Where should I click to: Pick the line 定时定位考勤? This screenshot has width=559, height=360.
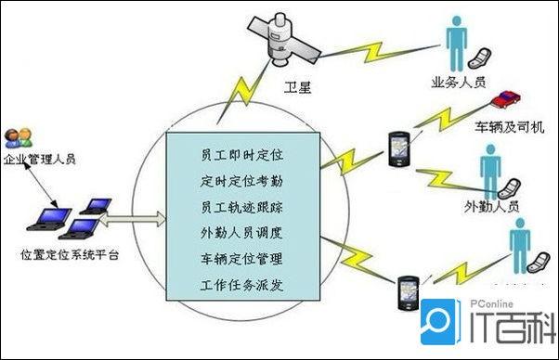tap(241, 178)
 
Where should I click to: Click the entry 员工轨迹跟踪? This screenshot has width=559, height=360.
tap(241, 204)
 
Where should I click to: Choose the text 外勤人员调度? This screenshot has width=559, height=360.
tap(241, 230)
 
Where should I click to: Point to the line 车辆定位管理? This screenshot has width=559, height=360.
tap(241, 257)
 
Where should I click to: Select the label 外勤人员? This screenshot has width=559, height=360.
tap(490, 205)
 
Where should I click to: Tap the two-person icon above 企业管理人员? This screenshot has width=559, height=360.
tap(16, 140)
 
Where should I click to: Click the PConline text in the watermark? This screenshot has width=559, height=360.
tap(488, 302)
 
